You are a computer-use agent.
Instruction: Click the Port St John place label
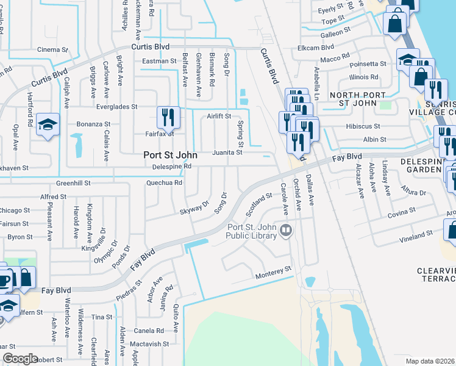click(x=169, y=155)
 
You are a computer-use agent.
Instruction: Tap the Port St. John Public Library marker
click(x=287, y=231)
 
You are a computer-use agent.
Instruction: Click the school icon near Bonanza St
click(x=48, y=124)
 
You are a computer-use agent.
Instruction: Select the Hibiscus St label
click(x=363, y=127)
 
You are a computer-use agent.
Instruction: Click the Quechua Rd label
click(x=164, y=182)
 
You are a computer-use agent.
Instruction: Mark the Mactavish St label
click(x=149, y=344)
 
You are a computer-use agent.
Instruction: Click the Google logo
click(x=20, y=359)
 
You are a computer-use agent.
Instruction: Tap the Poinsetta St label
click(x=367, y=63)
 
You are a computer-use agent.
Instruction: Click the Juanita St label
click(x=227, y=152)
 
